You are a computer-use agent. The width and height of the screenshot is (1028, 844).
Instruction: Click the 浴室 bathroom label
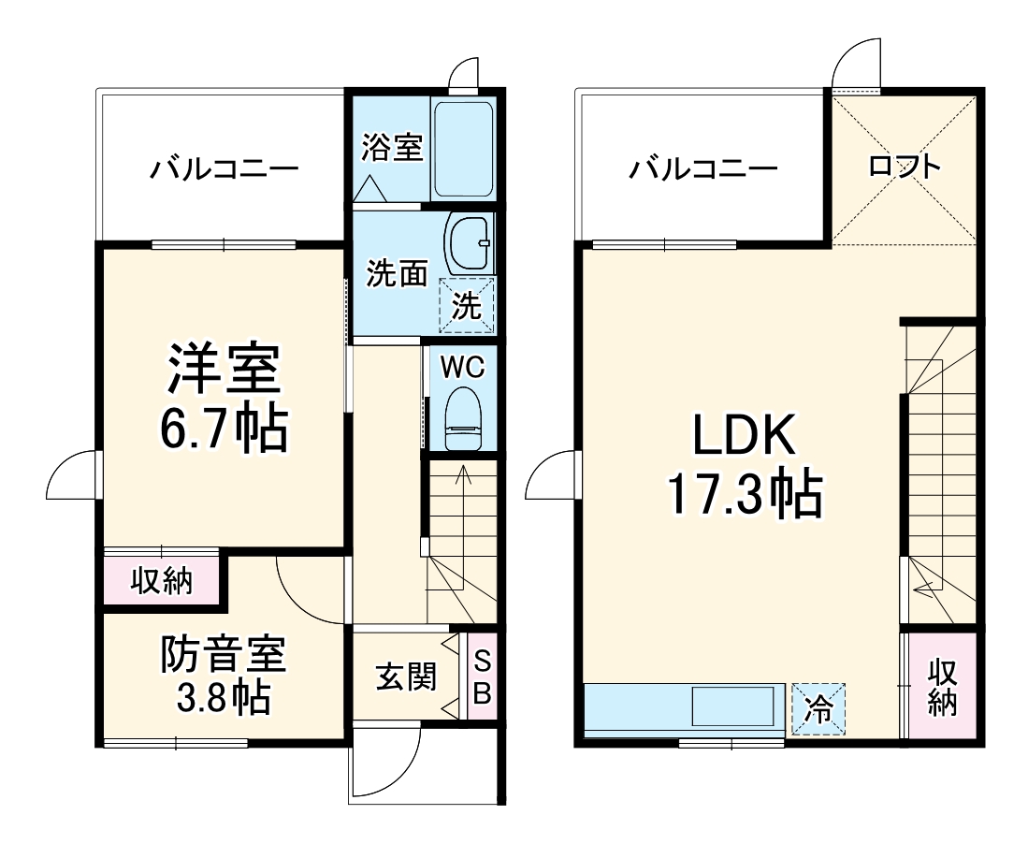click(393, 147)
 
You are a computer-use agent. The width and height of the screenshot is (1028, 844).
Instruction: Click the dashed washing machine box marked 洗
click(468, 305)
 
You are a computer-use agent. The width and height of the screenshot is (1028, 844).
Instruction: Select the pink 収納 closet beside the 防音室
click(162, 581)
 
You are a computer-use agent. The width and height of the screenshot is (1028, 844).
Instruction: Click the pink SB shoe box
click(482, 678)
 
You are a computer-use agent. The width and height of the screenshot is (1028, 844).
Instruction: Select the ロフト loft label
click(904, 167)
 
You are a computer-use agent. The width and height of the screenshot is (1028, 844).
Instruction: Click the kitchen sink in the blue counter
click(734, 706)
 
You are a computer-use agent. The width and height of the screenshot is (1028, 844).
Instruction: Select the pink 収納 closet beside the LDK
click(943, 688)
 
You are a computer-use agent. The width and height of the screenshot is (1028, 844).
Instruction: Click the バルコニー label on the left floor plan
click(225, 169)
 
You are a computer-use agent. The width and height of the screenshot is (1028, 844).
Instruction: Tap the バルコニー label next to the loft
click(702, 169)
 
